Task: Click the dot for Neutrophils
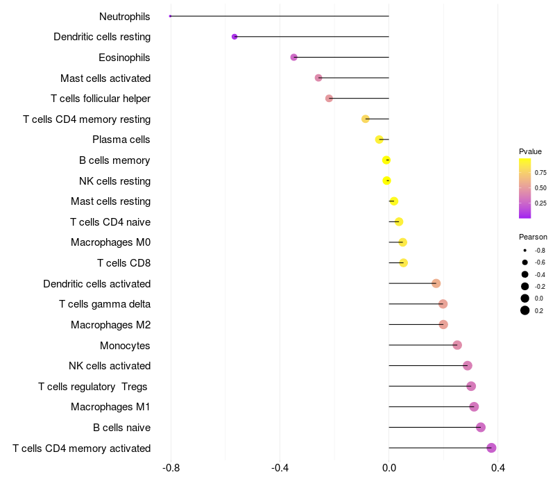point(171,16)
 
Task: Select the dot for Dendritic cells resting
point(234,37)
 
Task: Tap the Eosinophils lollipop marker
point(293,57)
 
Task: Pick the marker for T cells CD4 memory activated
point(491,448)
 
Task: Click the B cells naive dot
point(481,428)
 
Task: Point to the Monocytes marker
point(456,345)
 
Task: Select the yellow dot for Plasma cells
point(379,140)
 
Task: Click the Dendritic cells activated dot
point(436,283)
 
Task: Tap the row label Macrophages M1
point(110,407)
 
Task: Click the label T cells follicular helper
point(101,99)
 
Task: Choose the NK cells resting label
point(114,181)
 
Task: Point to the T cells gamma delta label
point(105,304)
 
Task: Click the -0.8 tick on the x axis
point(171,469)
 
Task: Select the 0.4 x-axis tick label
point(497,469)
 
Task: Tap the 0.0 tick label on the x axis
point(389,469)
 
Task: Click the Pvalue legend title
point(530,151)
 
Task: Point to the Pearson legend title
point(533,237)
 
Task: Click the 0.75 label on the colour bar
point(540,172)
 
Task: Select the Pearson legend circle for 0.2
point(525,310)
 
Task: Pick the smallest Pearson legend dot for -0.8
point(525,250)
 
